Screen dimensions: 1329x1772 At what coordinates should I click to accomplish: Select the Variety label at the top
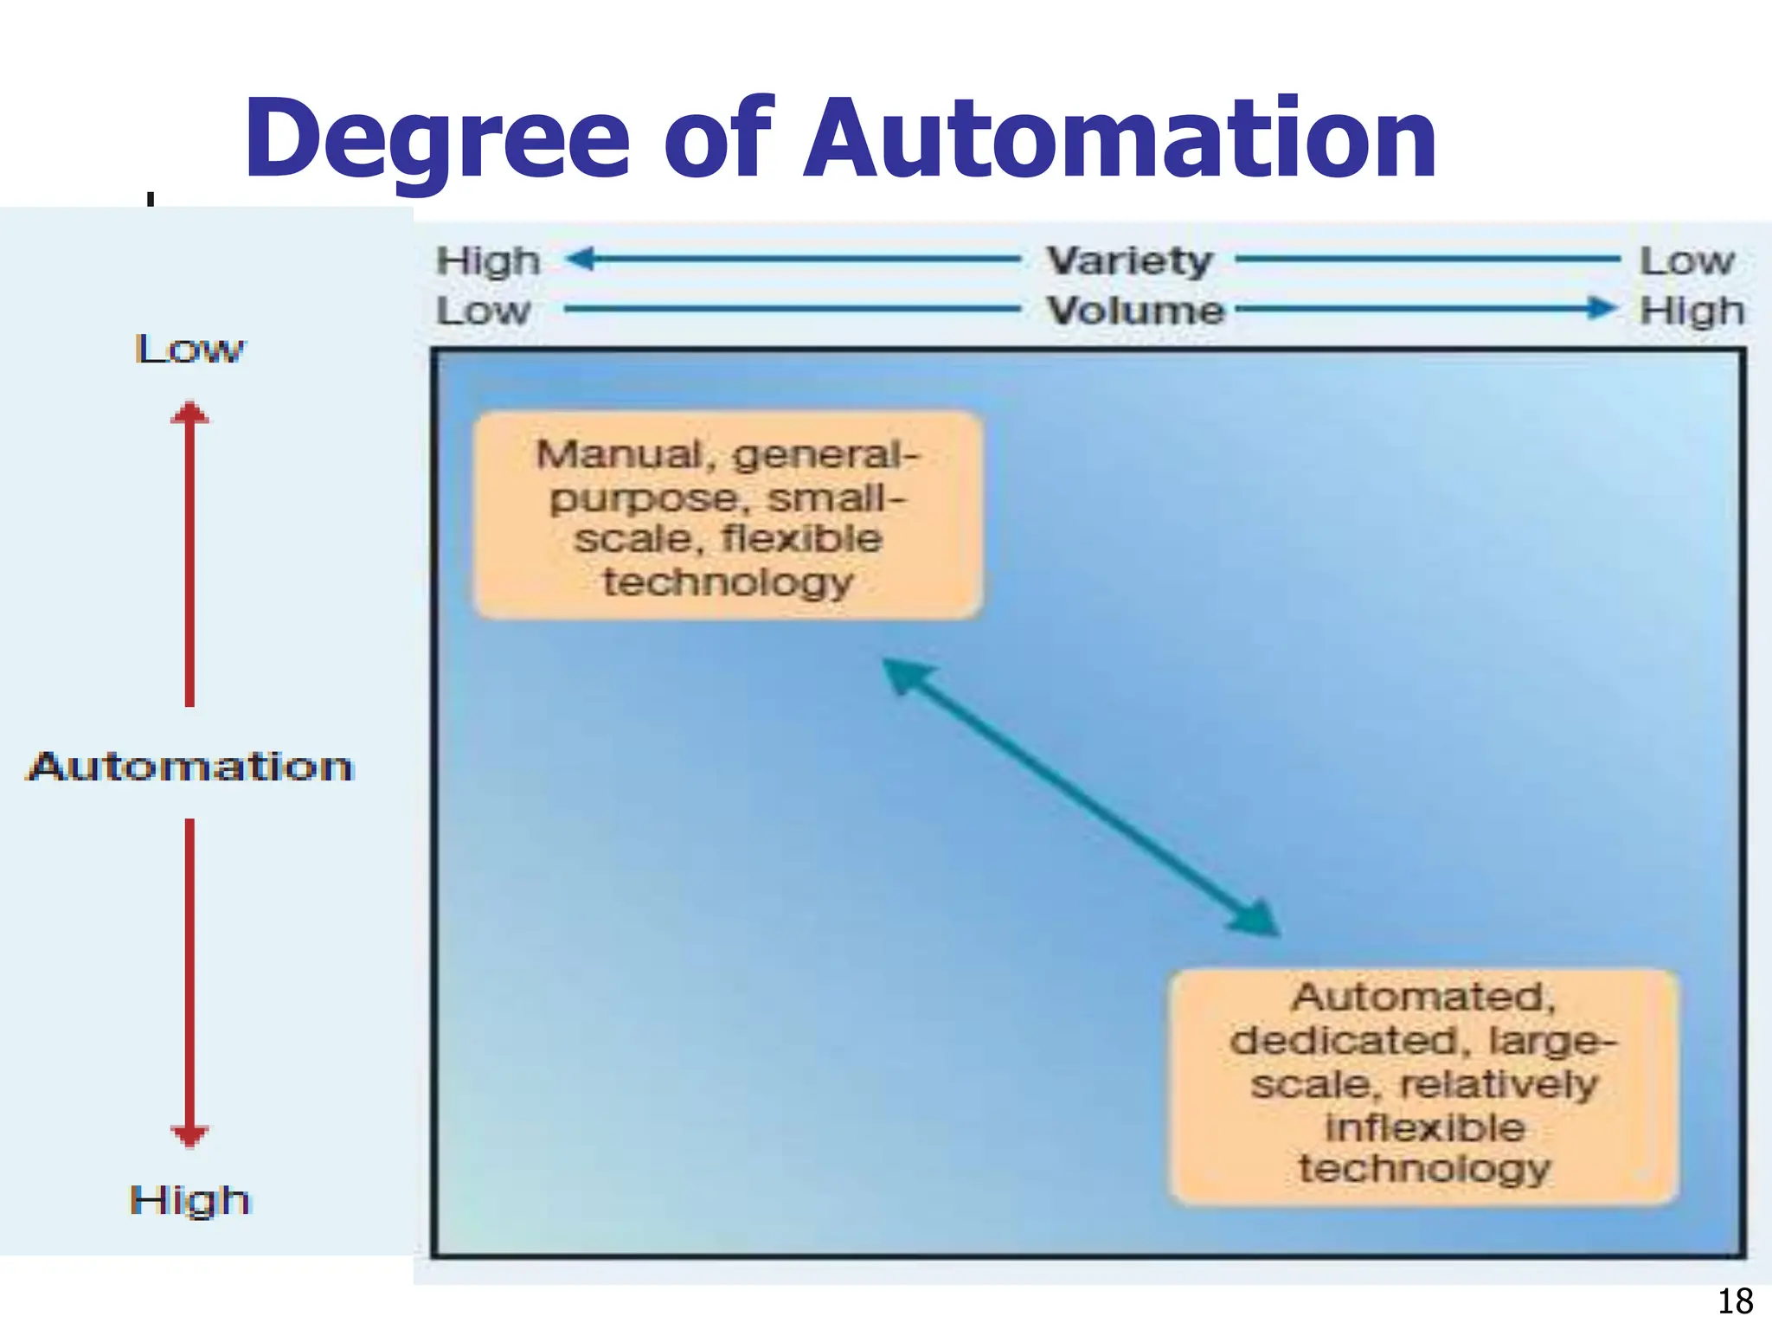tap(1129, 260)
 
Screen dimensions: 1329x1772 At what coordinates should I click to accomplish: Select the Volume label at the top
tap(1135, 311)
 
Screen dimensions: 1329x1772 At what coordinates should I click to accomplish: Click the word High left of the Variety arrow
tap(488, 260)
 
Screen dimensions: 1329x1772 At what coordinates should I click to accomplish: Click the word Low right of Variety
tap(1687, 260)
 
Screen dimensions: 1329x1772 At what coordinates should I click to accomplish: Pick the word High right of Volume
tap(1692, 311)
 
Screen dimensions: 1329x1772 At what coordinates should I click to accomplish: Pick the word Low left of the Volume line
tap(483, 311)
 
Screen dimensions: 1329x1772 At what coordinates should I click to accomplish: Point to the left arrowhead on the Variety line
tap(581, 258)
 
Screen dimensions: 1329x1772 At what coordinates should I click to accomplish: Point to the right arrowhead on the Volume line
tap(1602, 308)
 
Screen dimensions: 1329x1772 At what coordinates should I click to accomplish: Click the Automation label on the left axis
tap(190, 767)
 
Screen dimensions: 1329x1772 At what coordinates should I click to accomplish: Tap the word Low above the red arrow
tap(190, 349)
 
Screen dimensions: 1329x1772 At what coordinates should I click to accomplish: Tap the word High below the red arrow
tap(190, 1200)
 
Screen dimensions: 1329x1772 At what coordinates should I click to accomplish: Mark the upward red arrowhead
tap(189, 413)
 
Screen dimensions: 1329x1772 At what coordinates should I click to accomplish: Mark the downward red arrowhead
tap(189, 1135)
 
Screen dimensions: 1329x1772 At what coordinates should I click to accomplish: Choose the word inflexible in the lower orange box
tap(1425, 1127)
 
